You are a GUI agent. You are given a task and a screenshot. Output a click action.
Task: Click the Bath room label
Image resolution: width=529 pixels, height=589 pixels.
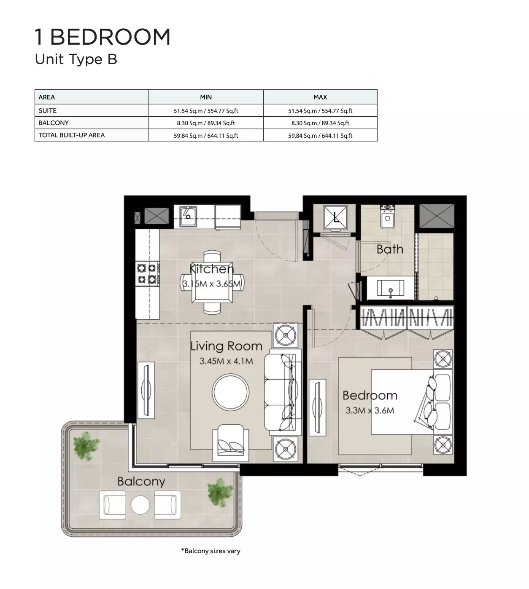click(390, 249)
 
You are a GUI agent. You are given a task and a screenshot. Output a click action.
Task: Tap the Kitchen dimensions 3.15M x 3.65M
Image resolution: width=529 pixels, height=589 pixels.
click(212, 284)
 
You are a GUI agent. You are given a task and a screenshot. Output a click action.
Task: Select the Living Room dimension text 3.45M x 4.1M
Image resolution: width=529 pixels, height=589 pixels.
click(226, 361)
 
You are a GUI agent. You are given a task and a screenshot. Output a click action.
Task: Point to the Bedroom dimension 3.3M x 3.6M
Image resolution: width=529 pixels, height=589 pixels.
click(370, 410)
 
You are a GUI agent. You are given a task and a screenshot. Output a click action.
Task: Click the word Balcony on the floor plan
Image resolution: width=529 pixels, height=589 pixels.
click(141, 482)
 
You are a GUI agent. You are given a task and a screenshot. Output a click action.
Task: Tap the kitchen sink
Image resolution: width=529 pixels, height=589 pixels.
click(188, 216)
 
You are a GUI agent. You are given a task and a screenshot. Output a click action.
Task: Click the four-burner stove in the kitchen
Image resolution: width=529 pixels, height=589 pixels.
click(147, 273)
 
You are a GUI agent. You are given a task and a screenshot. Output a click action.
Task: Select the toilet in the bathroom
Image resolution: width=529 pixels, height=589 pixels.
click(388, 217)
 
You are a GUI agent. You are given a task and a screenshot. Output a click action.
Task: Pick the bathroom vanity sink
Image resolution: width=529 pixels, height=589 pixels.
click(390, 289)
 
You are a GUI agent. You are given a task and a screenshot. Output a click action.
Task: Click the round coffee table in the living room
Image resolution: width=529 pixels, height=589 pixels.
click(231, 392)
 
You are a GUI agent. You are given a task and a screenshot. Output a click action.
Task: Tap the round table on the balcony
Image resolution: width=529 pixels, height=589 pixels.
click(140, 505)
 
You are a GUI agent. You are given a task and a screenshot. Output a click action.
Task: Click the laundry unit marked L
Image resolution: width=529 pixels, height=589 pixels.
click(336, 217)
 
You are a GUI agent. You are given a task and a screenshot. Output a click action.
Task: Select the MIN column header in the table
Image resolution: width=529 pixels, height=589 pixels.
click(206, 97)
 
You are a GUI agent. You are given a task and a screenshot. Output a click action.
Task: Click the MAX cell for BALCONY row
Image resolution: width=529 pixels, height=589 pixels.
click(320, 123)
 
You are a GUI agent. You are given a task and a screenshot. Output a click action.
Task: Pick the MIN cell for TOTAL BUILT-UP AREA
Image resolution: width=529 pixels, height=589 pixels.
click(206, 136)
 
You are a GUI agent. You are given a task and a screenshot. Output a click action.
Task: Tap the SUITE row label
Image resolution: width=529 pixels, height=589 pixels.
click(47, 111)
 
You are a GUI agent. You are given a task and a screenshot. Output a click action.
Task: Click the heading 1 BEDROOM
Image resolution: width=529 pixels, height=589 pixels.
click(102, 37)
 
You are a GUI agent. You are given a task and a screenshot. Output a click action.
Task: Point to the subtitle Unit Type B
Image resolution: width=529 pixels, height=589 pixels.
click(76, 59)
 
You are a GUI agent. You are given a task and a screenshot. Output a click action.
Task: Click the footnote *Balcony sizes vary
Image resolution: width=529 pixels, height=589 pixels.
click(211, 551)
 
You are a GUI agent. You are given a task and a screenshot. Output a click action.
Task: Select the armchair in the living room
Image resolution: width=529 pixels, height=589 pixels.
click(231, 442)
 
